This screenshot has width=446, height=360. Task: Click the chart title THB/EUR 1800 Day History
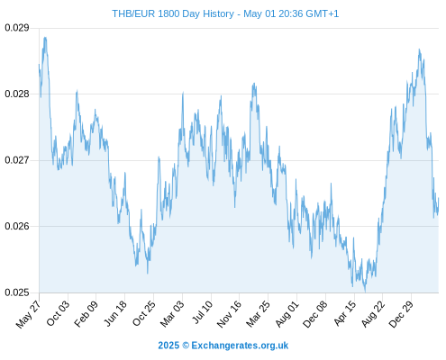point(173,13)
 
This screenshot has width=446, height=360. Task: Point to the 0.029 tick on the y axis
point(17,28)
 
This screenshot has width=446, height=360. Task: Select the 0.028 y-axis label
point(17,94)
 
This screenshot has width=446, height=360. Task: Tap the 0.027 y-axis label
point(17,160)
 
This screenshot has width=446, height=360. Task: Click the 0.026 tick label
point(17,226)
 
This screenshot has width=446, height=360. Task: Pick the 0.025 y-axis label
point(17,292)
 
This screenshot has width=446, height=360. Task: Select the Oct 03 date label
point(58,313)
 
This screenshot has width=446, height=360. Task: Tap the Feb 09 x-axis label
point(86,313)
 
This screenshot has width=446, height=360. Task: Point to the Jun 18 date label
point(115,313)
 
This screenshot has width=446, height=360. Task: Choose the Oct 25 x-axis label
point(144,313)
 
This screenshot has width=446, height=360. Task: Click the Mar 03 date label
point(172,313)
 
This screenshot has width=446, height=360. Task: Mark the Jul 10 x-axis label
point(202,312)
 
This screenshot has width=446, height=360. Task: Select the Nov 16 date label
point(229,314)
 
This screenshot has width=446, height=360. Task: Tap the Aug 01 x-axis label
point(287,313)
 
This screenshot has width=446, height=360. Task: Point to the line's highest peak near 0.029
point(45,38)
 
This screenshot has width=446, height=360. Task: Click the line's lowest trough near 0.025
point(365,291)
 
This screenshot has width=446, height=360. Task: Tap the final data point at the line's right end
point(439,198)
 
